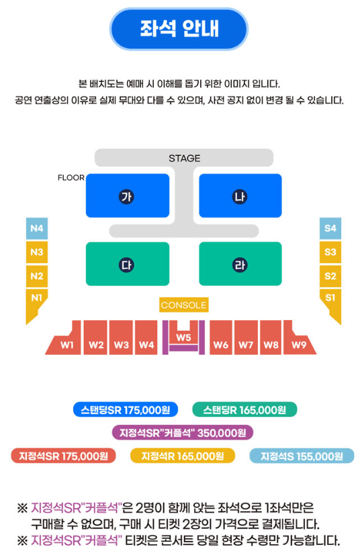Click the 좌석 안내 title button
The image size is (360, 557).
179,28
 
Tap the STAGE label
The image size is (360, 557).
184,158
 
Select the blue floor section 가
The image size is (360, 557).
128,196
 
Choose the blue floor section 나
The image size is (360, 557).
240,196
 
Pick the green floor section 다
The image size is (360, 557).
128,264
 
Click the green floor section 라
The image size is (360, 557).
240,264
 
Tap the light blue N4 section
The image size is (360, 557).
37,228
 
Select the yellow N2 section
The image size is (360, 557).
37,276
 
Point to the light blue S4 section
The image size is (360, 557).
330,228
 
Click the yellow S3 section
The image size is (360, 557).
330,252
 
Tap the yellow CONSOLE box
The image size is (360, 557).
184,305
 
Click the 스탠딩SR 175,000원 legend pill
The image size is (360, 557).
126,410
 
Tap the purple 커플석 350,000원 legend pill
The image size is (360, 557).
183,433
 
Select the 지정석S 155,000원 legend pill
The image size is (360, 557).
302,456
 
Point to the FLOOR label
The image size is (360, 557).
71,178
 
